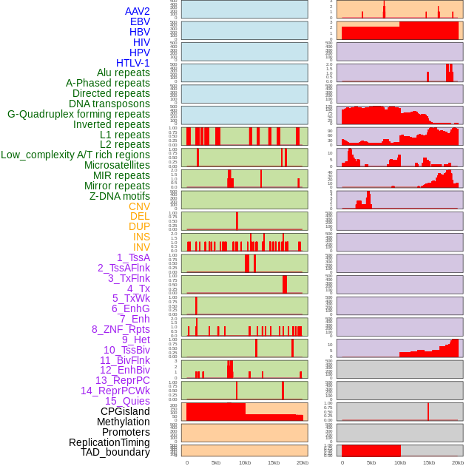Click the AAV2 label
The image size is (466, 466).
tap(137, 11)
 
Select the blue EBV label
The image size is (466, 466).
tap(140, 21)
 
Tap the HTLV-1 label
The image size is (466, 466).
tap(132, 63)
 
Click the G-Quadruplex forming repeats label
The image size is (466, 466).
tap(78, 114)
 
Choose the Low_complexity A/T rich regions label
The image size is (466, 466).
tap(75, 155)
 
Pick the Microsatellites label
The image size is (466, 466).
tap(117, 165)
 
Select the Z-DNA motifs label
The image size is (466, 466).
tap(120, 196)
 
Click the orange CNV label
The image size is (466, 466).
tap(139, 206)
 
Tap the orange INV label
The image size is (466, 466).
tap(141, 247)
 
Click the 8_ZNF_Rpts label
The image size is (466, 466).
tap(121, 329)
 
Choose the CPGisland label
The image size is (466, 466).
tap(125, 411)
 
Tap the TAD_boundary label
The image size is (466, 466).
tap(115, 452)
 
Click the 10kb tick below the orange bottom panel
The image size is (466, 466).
tap(245, 462)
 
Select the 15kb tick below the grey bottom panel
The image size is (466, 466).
tap(429, 462)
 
